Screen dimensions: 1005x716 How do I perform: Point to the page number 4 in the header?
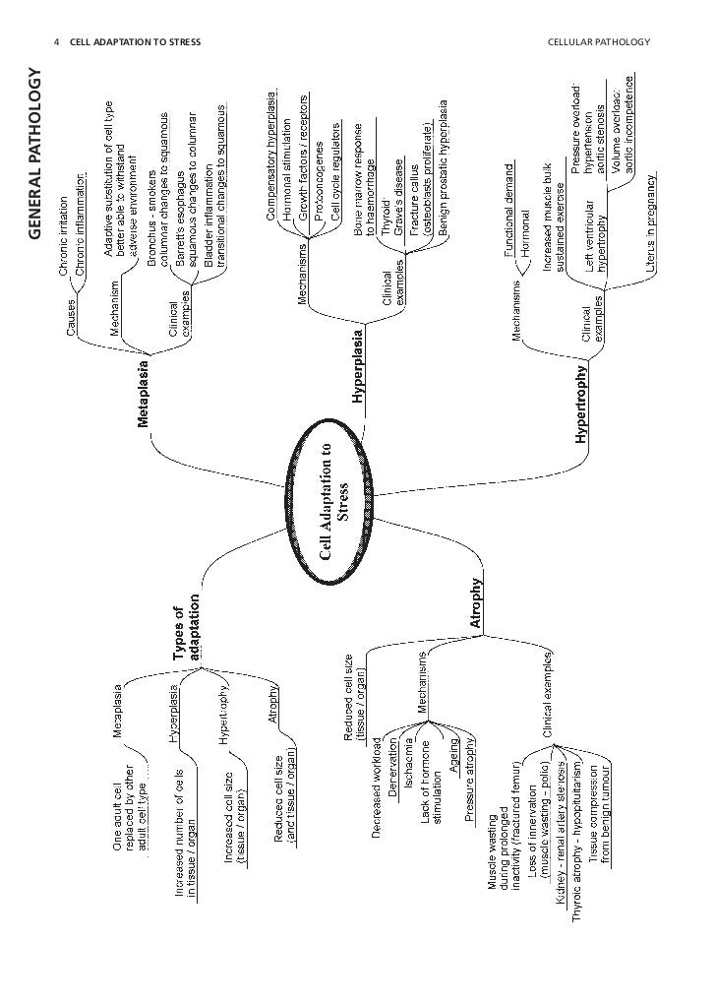coord(57,42)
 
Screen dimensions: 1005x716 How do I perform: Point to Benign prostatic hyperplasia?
coord(444,167)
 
